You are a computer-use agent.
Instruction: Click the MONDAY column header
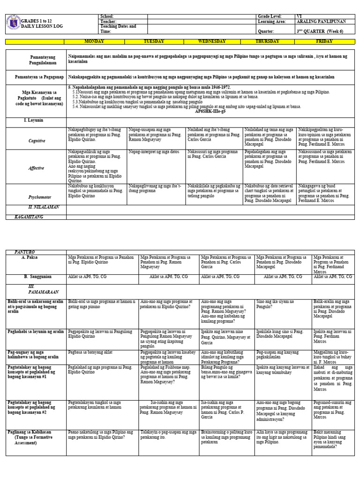tap(94, 41)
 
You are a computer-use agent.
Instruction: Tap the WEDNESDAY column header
tap(214, 41)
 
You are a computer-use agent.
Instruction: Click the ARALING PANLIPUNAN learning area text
tap(319, 22)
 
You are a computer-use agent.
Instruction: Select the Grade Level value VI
tap(300, 16)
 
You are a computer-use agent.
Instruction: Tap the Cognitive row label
tap(37, 141)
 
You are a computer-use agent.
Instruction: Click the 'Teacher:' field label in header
tap(107, 22)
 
